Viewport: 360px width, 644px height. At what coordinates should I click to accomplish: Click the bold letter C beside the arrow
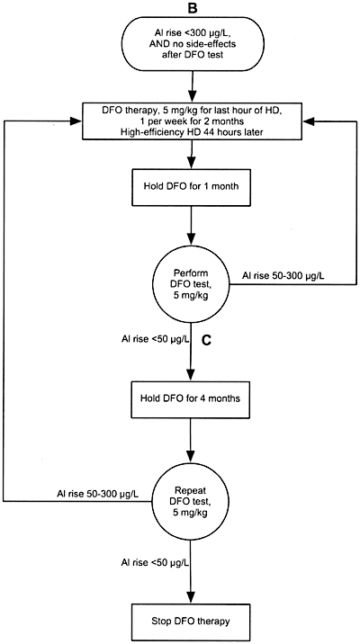tap(207, 341)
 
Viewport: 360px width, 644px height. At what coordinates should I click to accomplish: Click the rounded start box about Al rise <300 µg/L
tap(193, 43)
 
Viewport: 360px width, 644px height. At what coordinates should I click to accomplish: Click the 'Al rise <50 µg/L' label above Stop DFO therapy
tap(156, 562)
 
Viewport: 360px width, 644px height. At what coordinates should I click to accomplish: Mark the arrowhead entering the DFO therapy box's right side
tap(307, 121)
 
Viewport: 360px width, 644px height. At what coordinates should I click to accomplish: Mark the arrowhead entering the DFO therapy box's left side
tap(76, 121)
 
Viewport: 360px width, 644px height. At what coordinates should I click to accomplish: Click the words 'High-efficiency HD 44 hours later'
tap(192, 131)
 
